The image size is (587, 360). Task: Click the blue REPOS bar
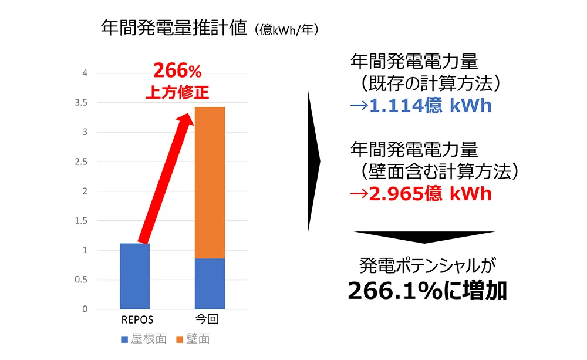pyautogui.click(x=134, y=276)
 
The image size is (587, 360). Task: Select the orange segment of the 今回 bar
pyautogui.click(x=209, y=183)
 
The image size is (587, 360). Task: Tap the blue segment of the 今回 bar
pyautogui.click(x=209, y=284)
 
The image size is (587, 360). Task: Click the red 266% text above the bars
pyautogui.click(x=177, y=72)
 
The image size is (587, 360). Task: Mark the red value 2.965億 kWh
pyautogui.click(x=420, y=194)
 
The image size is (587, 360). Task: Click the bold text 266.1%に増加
pyautogui.click(x=427, y=291)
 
